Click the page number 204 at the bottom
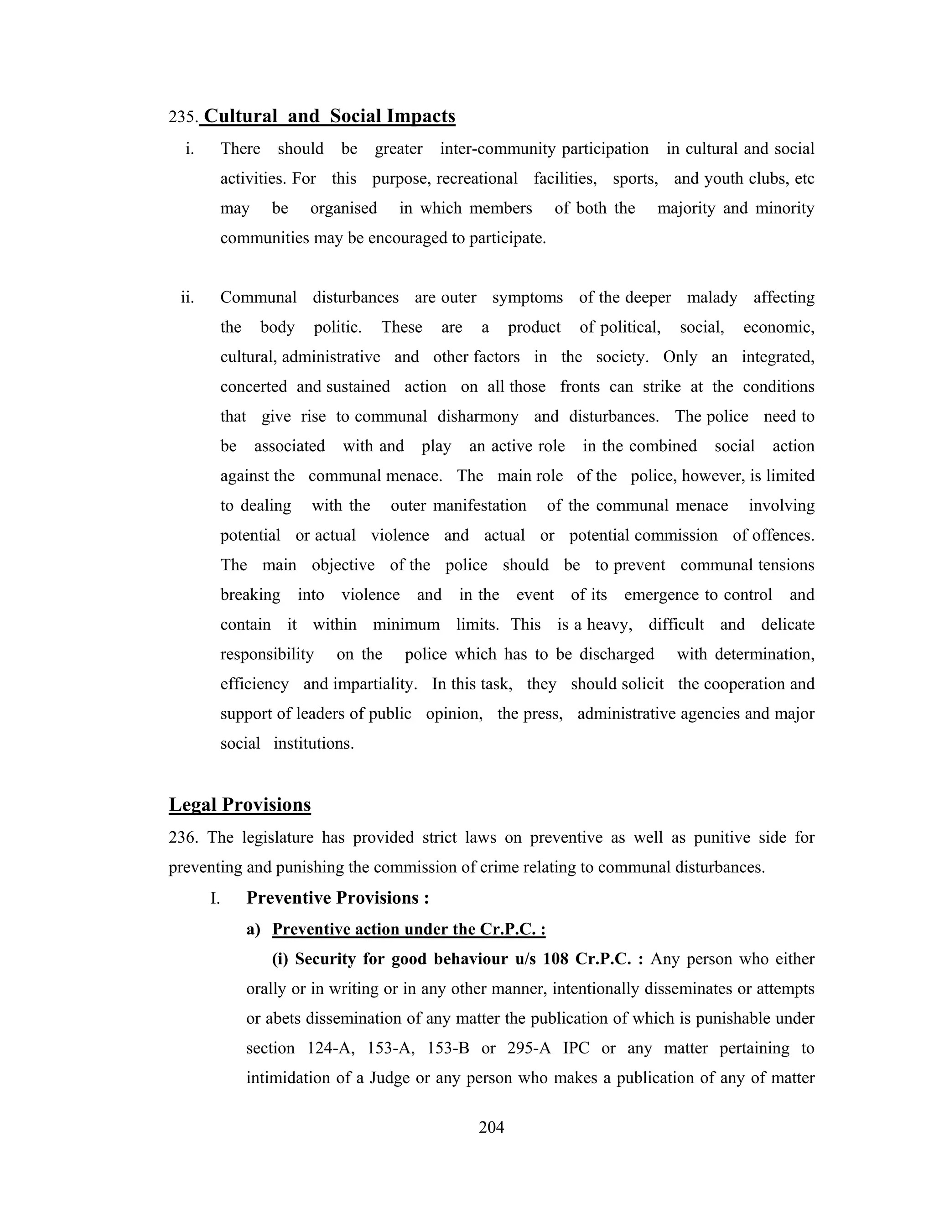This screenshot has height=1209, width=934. tap(491, 1127)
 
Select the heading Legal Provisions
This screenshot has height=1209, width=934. tap(239, 804)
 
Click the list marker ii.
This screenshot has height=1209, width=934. tap(187, 298)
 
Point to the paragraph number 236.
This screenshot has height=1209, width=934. tap(182, 838)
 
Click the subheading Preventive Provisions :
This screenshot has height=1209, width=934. tap(337, 898)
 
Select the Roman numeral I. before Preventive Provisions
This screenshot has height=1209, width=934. tap(215, 898)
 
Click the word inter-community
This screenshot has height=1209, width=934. tap(498, 149)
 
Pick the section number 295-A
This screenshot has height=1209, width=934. tap(529, 1048)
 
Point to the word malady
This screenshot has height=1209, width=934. tap(711, 298)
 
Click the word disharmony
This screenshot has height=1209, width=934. tap(478, 416)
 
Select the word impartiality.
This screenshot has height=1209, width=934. tap(374, 684)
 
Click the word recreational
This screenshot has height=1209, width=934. tap(477, 179)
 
